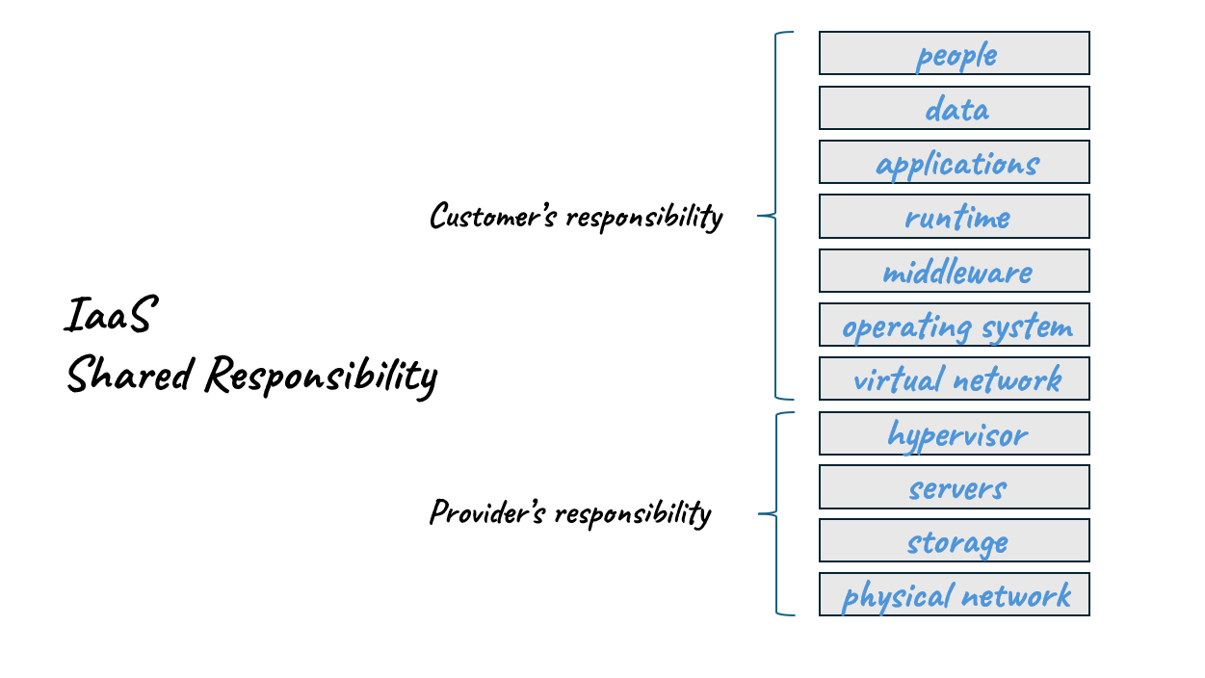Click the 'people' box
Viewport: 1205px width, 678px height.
(x=954, y=53)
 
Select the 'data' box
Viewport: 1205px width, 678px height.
(x=954, y=108)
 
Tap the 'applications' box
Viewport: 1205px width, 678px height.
(x=954, y=162)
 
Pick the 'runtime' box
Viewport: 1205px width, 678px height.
(x=954, y=216)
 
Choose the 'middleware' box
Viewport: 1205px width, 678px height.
(x=954, y=271)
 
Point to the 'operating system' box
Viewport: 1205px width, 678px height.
(x=954, y=325)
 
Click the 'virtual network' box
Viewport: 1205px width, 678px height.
(x=954, y=378)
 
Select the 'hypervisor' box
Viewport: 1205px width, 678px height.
(x=954, y=433)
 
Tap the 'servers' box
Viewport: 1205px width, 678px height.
(x=954, y=487)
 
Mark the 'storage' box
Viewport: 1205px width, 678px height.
(x=954, y=540)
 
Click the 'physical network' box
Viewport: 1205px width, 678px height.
(x=954, y=594)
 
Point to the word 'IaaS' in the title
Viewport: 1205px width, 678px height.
(x=108, y=316)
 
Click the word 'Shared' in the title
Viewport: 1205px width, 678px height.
(x=129, y=374)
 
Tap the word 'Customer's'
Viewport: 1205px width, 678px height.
(x=492, y=216)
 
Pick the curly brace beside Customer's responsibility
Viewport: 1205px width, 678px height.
(x=775, y=216)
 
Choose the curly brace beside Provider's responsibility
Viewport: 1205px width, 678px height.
(x=775, y=513)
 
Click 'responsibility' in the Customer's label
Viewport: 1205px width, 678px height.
(x=643, y=218)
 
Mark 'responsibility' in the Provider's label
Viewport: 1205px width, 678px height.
(x=633, y=514)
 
